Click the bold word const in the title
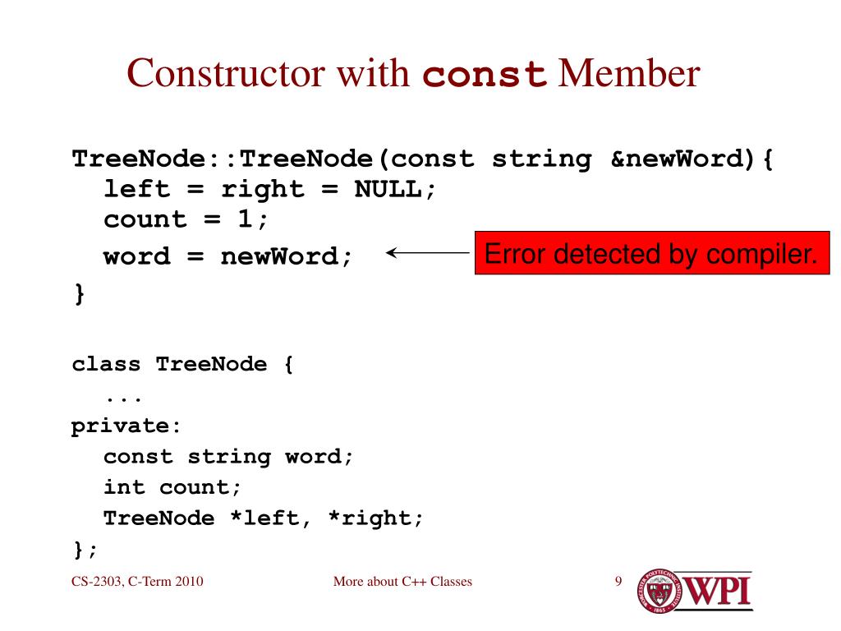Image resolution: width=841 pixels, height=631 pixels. [485, 76]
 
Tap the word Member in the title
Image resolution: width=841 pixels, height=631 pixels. [628, 75]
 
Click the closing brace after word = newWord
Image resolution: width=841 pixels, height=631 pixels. [79, 293]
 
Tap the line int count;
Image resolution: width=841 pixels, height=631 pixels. [172, 487]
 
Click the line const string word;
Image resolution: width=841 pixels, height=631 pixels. [228, 457]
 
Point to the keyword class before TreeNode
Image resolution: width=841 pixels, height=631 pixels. [106, 364]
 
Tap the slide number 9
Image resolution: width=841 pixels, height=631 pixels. [618, 583]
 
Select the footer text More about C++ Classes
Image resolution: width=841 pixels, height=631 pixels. [402, 583]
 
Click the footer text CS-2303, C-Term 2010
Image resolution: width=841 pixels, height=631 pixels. [136, 583]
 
